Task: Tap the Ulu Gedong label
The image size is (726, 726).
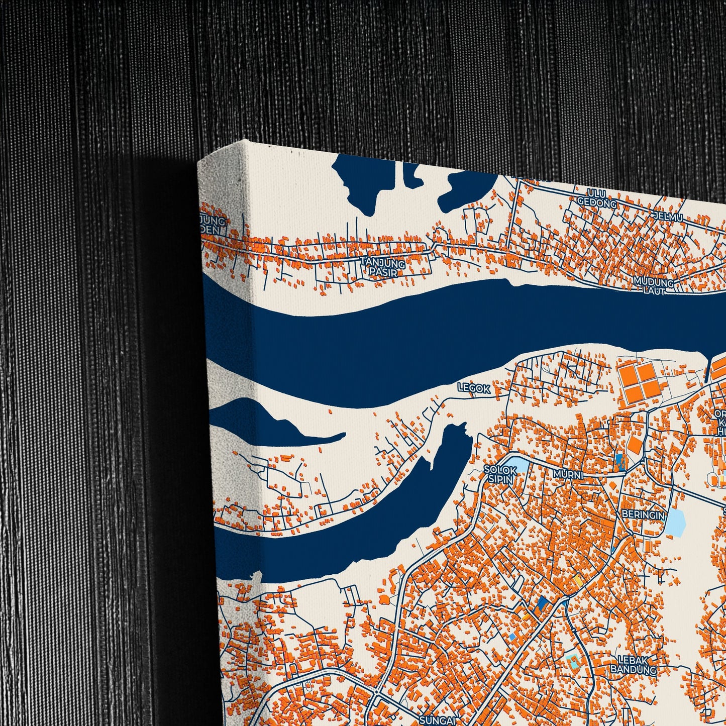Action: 590,198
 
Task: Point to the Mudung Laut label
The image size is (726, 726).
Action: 653,285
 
